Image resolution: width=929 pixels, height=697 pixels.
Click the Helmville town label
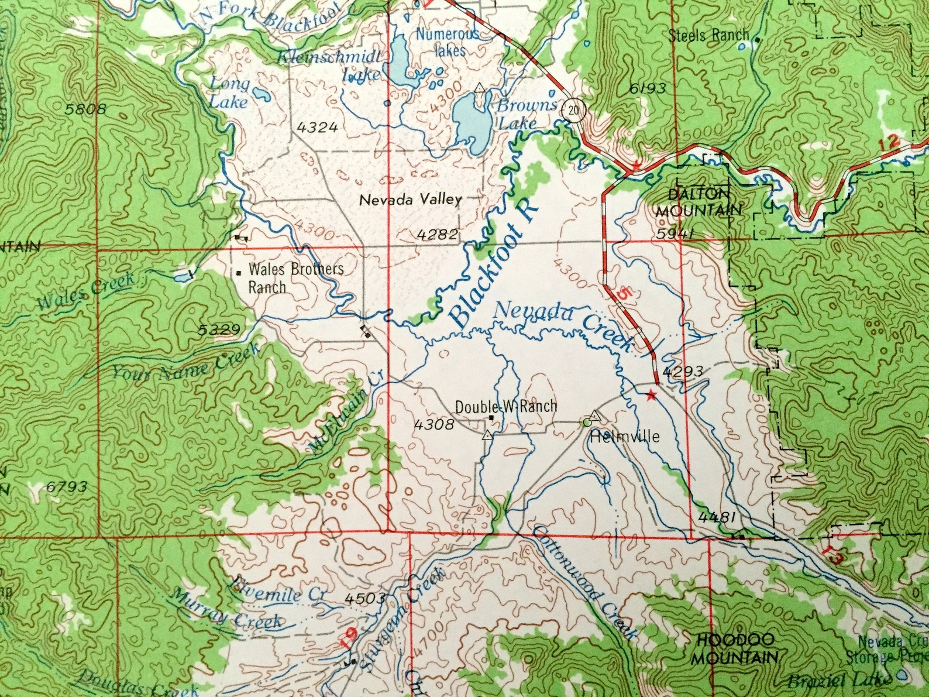point(625,437)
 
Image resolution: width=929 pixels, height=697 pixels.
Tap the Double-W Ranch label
point(506,406)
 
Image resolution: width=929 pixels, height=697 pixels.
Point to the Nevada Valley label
point(410,200)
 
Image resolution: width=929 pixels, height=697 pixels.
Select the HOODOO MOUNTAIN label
point(734,648)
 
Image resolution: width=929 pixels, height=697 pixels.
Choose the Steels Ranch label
point(708,35)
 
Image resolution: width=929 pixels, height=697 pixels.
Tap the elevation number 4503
point(364,598)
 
